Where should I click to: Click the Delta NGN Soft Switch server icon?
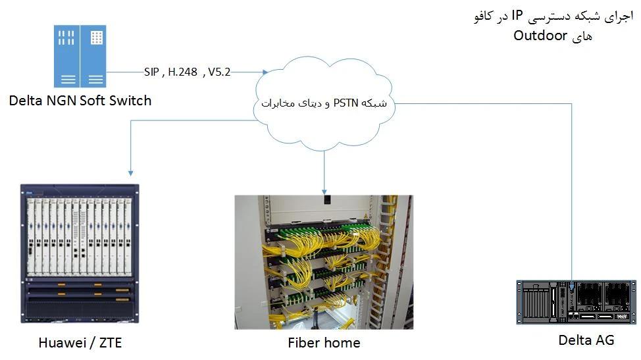pos(80,56)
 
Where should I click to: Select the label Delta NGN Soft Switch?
pos(80,101)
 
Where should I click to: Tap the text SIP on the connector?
pos(151,72)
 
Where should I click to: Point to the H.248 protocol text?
pos(182,72)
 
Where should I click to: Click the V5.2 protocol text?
pos(219,72)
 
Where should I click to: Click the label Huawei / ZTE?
pos(80,342)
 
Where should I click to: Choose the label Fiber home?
pos(324,342)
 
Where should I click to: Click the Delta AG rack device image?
pos(577,303)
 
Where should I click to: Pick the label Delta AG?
pos(586,340)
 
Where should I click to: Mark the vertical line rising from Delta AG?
pos(573,197)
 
